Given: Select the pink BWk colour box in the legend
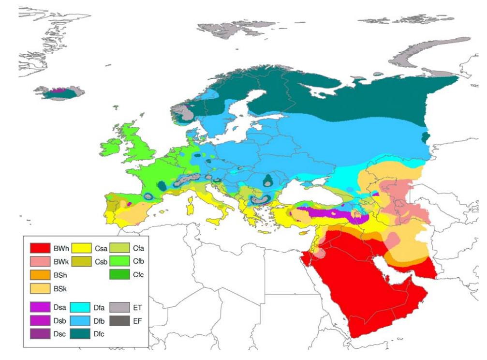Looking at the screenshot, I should tap(40, 262).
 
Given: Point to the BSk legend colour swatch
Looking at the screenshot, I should tap(40, 289).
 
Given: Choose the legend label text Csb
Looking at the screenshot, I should tap(101, 262).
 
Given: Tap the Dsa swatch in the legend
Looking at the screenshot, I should tap(40, 306).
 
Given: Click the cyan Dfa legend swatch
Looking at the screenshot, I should tap(80, 306).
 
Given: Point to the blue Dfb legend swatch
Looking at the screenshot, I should tap(80, 320).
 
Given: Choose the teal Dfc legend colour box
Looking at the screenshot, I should tap(80, 334).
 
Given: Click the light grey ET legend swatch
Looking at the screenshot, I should tap(120, 306).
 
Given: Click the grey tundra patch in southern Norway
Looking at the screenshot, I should tap(183, 114).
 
